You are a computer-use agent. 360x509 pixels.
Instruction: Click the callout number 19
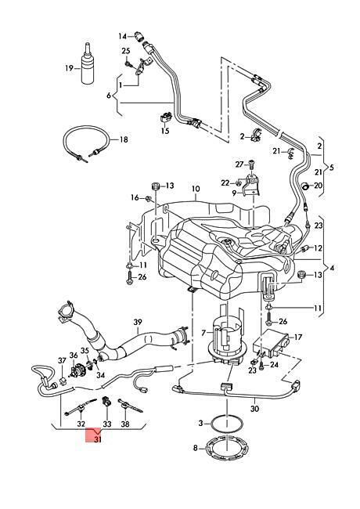(x=69, y=68)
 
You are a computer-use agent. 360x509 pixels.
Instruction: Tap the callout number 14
(x=122, y=36)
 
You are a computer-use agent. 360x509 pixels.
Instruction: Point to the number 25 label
(x=126, y=51)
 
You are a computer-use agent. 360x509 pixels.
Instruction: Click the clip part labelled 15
(x=167, y=117)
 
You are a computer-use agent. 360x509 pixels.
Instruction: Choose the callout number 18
(x=124, y=139)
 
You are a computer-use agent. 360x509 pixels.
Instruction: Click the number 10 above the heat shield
(x=196, y=189)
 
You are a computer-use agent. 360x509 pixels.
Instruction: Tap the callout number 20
(x=319, y=186)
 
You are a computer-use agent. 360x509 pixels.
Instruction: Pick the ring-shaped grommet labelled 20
(x=305, y=186)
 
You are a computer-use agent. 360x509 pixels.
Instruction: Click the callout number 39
(x=138, y=323)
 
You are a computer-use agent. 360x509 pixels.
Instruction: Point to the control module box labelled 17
(x=271, y=343)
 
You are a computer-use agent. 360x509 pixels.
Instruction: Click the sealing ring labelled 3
(x=226, y=423)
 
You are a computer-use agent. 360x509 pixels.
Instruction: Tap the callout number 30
(x=255, y=409)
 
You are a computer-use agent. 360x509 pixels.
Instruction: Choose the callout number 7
(x=203, y=333)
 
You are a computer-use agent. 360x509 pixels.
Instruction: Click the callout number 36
(x=74, y=356)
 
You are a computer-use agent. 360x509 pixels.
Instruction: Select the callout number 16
(x=135, y=197)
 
